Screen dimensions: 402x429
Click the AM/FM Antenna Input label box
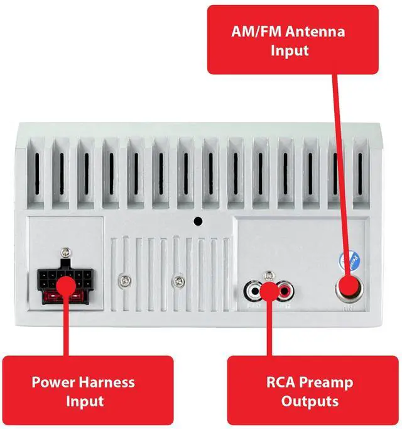[x=293, y=40]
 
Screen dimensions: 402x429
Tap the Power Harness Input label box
[x=87, y=391]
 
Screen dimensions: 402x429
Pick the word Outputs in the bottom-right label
[x=310, y=401]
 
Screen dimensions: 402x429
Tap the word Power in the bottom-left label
[x=54, y=382]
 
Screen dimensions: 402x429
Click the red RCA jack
[x=285, y=291]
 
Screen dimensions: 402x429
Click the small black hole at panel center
[x=198, y=221]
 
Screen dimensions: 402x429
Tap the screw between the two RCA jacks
[x=269, y=277]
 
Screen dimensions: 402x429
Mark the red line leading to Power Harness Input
[x=65, y=327]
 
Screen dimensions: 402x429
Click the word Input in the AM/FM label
[x=290, y=50]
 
